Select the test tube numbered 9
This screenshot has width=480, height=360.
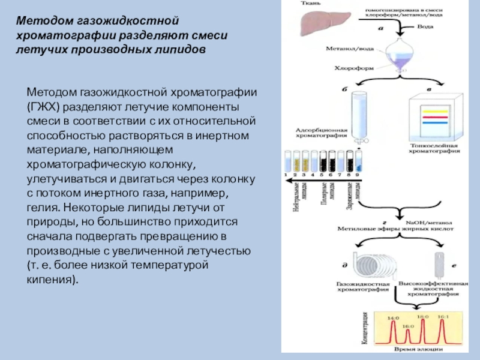tap(359, 160)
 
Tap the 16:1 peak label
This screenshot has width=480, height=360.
tap(442, 316)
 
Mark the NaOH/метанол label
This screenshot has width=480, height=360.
tap(427, 221)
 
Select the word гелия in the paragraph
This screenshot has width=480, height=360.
tap(44, 208)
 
